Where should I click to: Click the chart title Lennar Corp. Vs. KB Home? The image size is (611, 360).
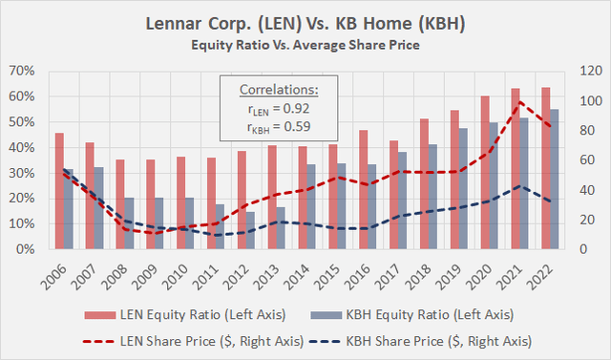(305, 21)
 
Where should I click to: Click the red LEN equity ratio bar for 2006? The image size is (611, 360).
(59, 191)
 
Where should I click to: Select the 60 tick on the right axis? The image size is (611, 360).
(581, 160)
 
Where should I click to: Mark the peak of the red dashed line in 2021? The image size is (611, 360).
(519, 102)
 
